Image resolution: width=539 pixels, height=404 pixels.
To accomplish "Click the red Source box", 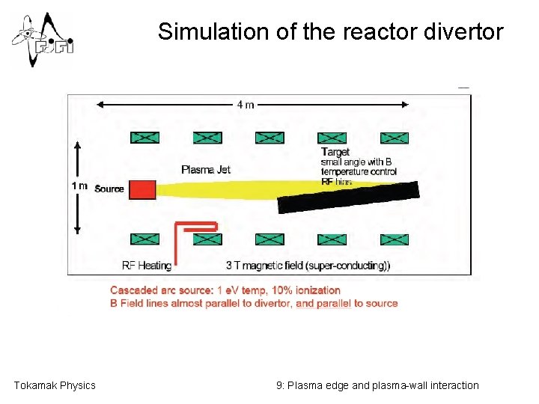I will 142,189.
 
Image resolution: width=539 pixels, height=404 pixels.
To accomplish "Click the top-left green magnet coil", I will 144,138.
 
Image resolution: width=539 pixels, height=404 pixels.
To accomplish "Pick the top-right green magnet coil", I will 395,138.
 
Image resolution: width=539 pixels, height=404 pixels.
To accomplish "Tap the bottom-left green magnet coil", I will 144,239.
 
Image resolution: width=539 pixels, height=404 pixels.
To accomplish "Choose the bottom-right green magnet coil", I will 395,239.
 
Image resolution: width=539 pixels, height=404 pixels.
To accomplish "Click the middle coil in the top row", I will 269,138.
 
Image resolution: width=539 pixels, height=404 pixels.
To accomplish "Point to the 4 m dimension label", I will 245,104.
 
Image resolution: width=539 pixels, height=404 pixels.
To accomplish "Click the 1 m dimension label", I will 79,186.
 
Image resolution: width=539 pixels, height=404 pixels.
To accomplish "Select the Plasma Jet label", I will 206,169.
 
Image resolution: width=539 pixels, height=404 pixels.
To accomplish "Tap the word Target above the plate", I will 335,153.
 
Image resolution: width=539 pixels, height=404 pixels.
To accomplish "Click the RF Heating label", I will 147,265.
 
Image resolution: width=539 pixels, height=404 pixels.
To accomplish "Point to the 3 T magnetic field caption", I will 308,265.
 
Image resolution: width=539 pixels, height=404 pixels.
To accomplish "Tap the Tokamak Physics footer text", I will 55,385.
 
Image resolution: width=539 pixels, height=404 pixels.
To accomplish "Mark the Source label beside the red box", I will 109,189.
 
